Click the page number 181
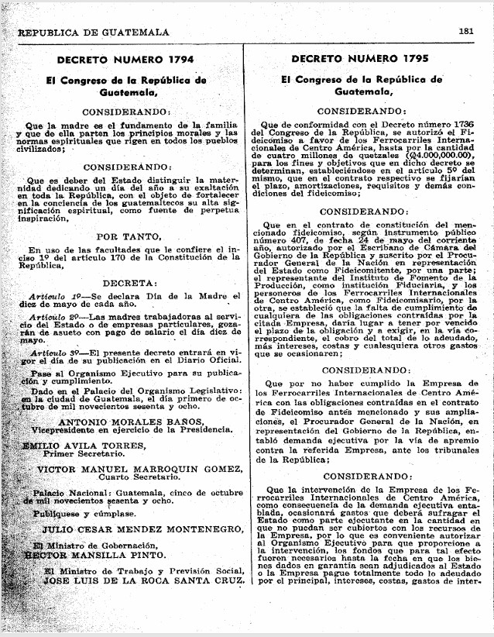tap(465, 32)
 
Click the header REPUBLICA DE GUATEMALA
tap(93, 32)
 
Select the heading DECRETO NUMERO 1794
tap(125, 59)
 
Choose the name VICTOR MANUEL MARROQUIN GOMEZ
tap(129, 469)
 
